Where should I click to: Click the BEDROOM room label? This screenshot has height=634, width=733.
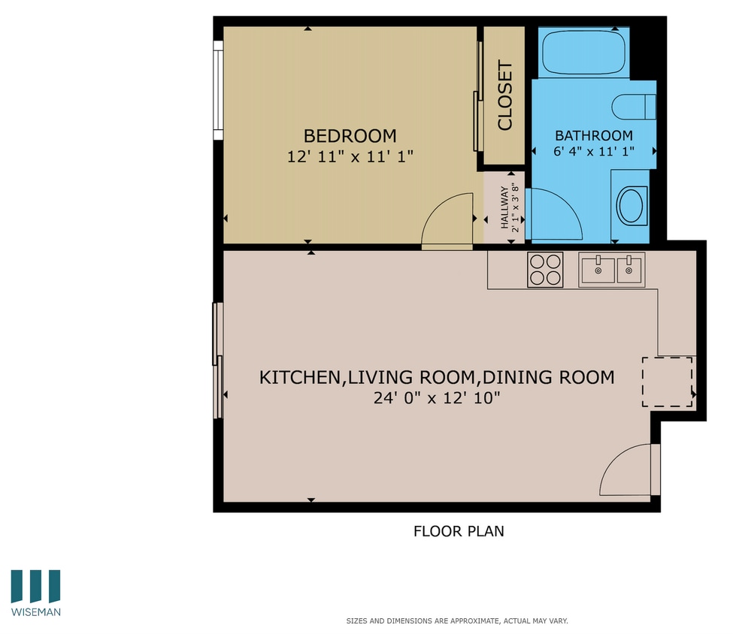pos(350,136)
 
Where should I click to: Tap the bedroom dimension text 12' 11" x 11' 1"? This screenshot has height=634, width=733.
pos(350,157)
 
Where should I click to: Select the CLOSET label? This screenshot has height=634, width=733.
pos(504,95)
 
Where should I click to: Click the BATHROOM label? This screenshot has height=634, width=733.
pos(593,136)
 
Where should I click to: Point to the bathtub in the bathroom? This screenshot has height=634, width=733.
pos(585,53)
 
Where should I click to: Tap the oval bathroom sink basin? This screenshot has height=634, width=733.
pos(630,205)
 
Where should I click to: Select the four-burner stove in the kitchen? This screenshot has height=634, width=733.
pos(545,270)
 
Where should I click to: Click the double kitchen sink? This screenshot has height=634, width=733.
pos(611,270)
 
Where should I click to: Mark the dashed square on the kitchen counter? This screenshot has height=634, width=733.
pos(667,382)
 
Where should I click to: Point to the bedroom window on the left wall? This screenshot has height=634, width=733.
pos(218,90)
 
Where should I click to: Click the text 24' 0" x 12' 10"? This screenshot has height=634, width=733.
pos(437,398)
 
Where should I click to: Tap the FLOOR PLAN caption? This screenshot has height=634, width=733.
pos(459,531)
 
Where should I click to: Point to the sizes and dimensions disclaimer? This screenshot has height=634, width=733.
pos(456,621)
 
